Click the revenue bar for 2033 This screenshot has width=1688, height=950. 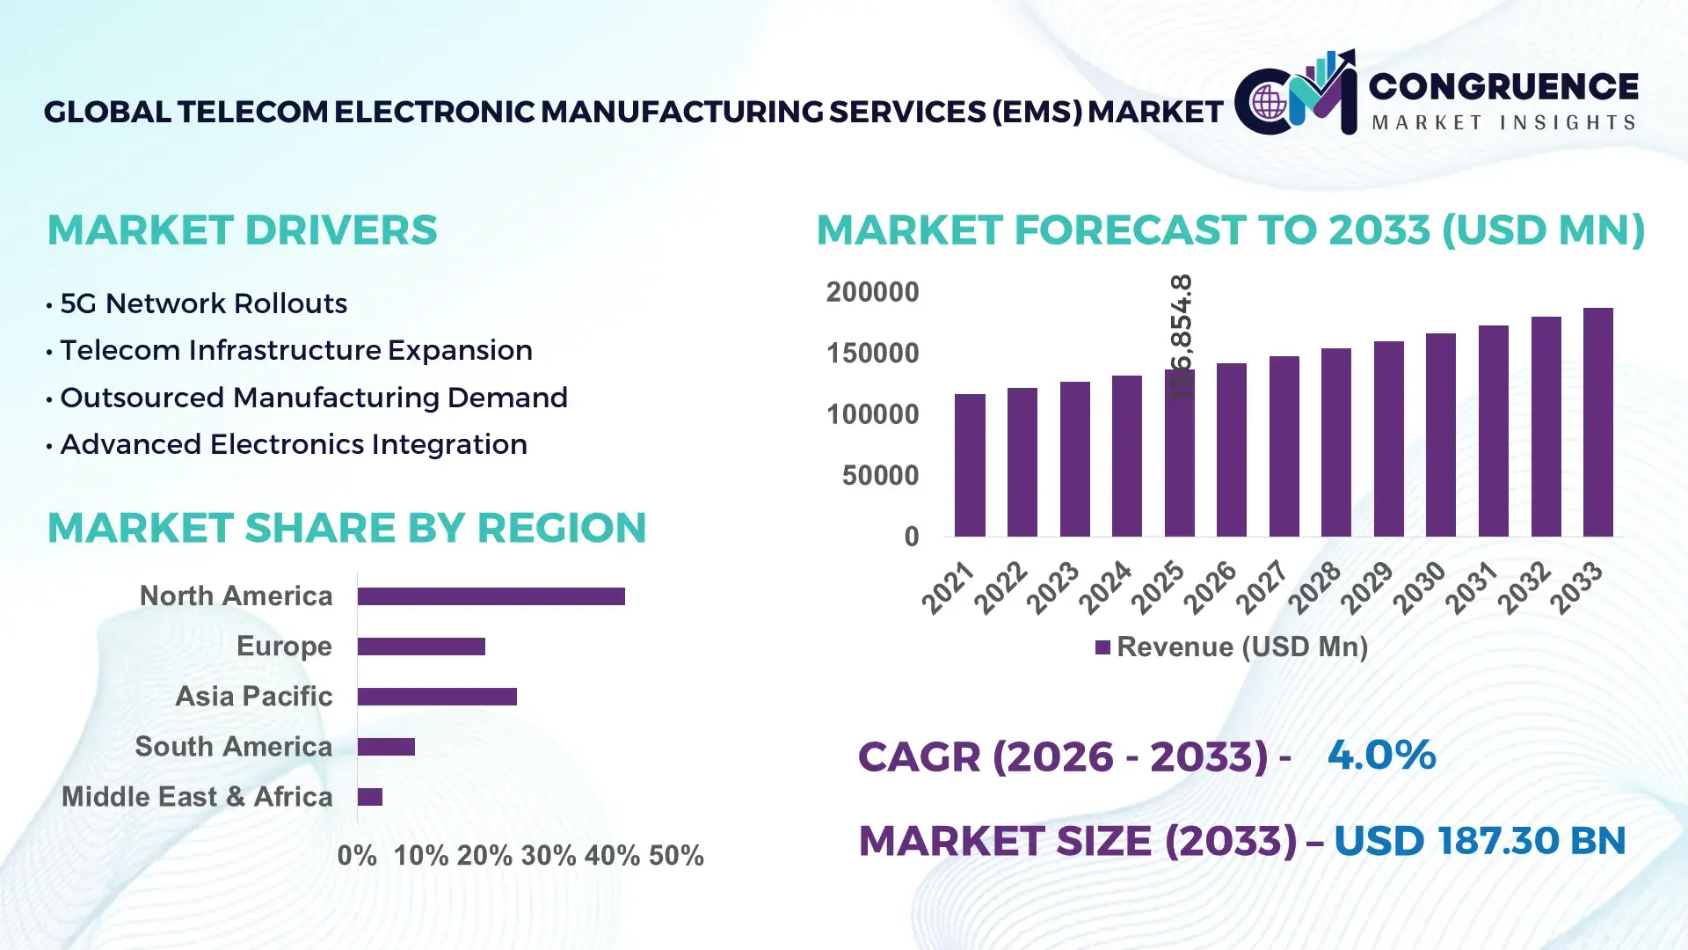pos(1597,422)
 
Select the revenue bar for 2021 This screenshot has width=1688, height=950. pos(970,465)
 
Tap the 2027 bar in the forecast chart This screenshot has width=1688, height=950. pos(1284,446)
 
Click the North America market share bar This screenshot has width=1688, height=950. pos(491,596)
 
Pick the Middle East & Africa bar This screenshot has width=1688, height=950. pos(369,797)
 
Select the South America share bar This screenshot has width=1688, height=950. pos(386,747)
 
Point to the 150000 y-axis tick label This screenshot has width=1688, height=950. pos(872,354)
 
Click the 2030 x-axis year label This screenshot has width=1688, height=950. pos(1419,587)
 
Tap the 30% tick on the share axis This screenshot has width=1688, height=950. pos(548,855)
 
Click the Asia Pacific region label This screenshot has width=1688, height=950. pos(253,696)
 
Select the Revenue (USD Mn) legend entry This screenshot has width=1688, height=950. pos(1231,647)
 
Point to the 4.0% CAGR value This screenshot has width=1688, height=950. pos(1380,755)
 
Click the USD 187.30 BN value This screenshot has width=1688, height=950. pos(1479,841)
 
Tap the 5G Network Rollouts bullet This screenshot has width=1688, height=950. pos(203,303)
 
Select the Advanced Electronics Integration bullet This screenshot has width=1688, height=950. pos(293,444)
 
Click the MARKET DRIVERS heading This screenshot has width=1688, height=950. pos(242,230)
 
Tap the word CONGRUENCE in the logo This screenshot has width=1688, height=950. pos(1502,86)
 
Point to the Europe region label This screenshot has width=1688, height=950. pos(283,646)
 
